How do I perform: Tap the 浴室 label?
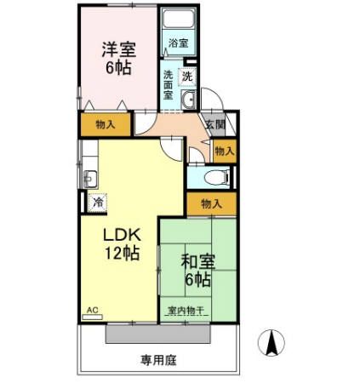coord(178,43)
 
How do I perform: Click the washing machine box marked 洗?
coord(187,75)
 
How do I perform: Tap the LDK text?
coord(122,234)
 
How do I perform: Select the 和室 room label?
coord(197,262)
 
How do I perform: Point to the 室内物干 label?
coord(186,311)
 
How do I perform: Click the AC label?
coord(92,311)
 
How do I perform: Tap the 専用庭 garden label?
coord(158,360)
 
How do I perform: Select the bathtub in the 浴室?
coord(179,20)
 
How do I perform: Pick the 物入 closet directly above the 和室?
coord(211,203)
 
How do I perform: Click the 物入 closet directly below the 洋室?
coord(106,124)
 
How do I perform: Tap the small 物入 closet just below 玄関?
coord(224,151)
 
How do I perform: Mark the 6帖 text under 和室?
coord(197,279)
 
